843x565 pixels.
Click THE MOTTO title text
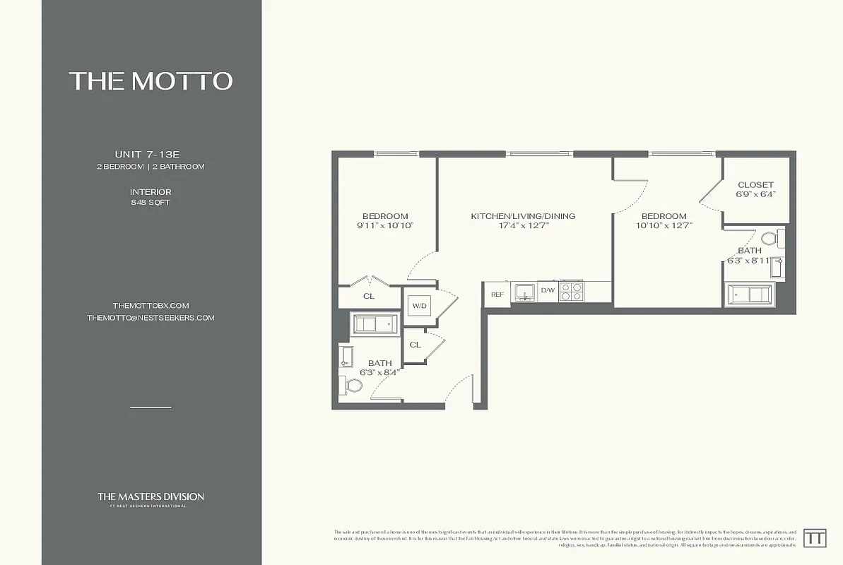coord(151,81)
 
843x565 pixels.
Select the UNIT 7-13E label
coord(151,154)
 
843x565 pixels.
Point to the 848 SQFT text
coord(151,203)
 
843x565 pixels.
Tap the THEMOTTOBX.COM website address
coord(151,305)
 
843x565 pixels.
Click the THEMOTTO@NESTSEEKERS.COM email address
coord(151,318)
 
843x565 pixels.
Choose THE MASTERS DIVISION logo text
coord(151,496)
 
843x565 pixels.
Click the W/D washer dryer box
coord(418,306)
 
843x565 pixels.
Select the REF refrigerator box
coord(497,295)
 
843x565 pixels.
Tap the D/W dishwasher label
coord(548,290)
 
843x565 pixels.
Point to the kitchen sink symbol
coord(524,292)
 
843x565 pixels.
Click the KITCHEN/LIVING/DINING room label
coord(523,216)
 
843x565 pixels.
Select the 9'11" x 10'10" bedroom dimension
coord(385,226)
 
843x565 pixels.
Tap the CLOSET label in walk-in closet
coord(755,185)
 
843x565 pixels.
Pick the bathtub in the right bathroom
coord(750,293)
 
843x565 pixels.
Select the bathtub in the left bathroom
coord(375,324)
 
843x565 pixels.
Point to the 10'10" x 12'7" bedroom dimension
coord(664,226)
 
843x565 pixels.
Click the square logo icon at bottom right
coord(815,537)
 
